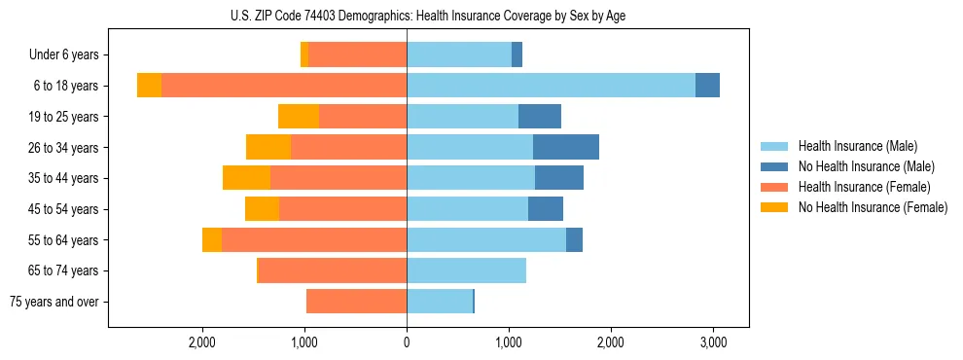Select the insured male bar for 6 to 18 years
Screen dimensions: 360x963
point(551,86)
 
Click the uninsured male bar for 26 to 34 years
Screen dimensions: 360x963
point(566,147)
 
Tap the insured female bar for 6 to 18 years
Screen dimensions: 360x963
point(284,86)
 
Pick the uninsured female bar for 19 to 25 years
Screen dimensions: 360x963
point(299,117)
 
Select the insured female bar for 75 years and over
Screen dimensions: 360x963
point(356,302)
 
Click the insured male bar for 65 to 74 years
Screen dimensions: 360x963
point(466,270)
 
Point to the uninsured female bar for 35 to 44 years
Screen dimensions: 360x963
point(246,178)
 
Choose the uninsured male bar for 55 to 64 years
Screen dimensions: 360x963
point(574,239)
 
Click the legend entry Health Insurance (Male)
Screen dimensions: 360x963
point(856,146)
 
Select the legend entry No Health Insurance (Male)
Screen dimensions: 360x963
point(865,166)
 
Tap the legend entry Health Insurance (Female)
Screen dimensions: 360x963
point(863,187)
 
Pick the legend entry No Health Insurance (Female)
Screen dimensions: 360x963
point(872,207)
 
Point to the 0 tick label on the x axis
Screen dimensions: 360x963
point(407,342)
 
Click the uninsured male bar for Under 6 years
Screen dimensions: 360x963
point(517,54)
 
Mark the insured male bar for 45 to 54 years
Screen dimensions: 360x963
point(467,209)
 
